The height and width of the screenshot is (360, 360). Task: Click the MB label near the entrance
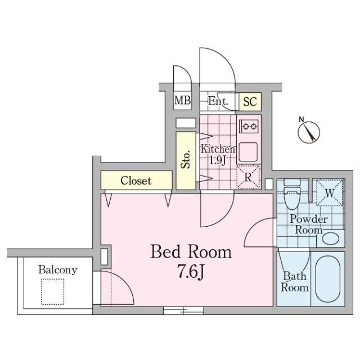182,100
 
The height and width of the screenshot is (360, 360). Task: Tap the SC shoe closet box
250,101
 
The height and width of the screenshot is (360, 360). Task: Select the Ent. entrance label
218,101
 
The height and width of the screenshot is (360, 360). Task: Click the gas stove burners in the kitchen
249,126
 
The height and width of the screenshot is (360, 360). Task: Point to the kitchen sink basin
248,152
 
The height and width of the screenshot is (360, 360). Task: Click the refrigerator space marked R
249,177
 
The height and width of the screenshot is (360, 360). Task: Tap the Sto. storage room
186,160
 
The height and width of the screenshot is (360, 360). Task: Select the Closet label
136,181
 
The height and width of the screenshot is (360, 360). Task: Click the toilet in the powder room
292,194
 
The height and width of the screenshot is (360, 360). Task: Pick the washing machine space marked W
330,192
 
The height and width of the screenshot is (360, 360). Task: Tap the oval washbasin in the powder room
331,238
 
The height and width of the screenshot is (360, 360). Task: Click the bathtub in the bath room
328,279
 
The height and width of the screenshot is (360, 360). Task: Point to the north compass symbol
308,131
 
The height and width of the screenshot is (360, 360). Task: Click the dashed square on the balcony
52,291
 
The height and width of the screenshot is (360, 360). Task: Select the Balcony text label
57,270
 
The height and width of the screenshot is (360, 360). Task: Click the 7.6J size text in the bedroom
191,272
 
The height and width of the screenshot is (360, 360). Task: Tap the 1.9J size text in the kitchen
217,160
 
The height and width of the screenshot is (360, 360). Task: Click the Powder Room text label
309,224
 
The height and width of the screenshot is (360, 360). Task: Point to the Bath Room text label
295,282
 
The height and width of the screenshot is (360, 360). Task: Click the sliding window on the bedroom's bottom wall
183,310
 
